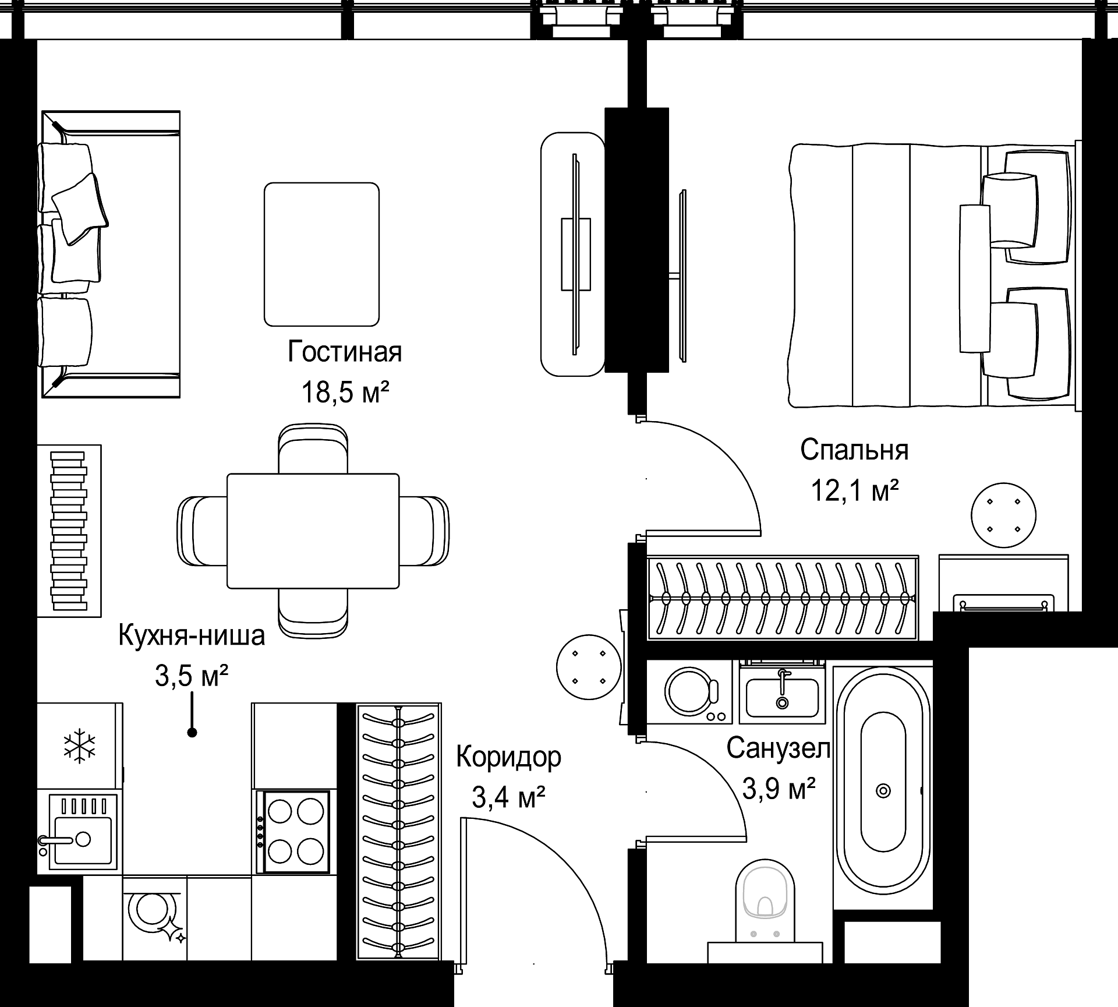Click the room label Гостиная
pyautogui.click(x=345, y=352)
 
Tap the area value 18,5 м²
pyautogui.click(x=345, y=393)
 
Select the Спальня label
pyautogui.click(x=854, y=450)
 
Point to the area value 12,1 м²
pyautogui.click(x=855, y=491)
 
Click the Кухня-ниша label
pyautogui.click(x=192, y=635)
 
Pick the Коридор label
pyautogui.click(x=509, y=758)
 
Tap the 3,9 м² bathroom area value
pyautogui.click(x=779, y=789)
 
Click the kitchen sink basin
pyautogui.click(x=82, y=840)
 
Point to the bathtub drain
pyautogui.click(x=883, y=791)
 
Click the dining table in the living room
pyautogui.click(x=313, y=531)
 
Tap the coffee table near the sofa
pyautogui.click(x=321, y=255)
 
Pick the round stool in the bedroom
pyautogui.click(x=1003, y=515)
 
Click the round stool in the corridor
pyautogui.click(x=589, y=667)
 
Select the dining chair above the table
pyautogui.click(x=313, y=449)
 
